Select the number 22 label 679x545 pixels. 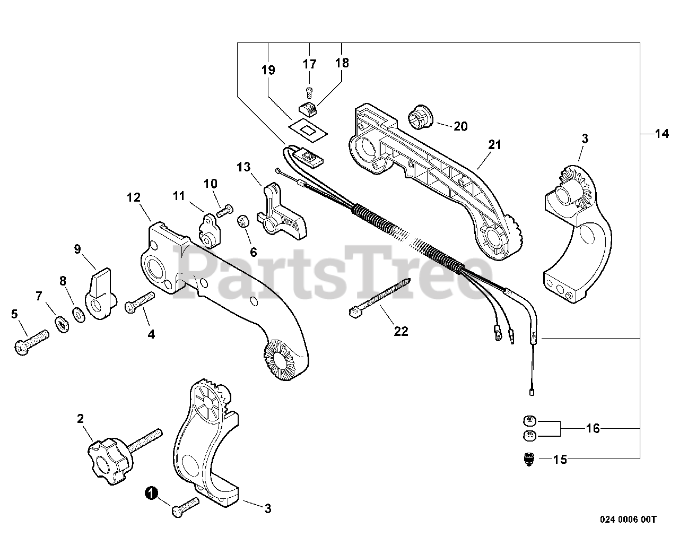pyautogui.click(x=401, y=331)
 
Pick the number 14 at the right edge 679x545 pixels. pyautogui.click(x=661, y=134)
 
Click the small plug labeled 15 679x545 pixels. pyautogui.click(x=528, y=459)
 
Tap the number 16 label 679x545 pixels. pyautogui.click(x=593, y=428)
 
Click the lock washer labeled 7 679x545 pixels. pyautogui.click(x=63, y=322)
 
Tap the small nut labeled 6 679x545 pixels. pyautogui.click(x=244, y=220)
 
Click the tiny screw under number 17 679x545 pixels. pyautogui.click(x=310, y=90)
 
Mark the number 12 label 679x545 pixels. pyautogui.click(x=134, y=197)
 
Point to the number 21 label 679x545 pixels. pyautogui.click(x=495, y=144)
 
